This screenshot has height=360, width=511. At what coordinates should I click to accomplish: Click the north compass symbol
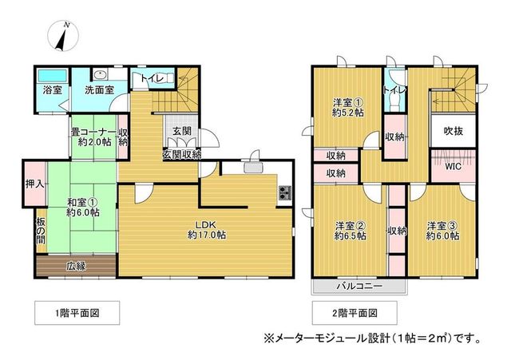[x=63, y=35]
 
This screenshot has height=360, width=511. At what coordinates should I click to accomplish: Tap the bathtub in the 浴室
[x=52, y=77]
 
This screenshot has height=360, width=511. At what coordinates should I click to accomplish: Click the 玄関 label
[x=182, y=131]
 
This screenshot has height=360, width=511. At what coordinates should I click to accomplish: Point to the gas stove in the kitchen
[x=285, y=192]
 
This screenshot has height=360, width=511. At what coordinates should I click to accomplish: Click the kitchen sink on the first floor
[x=253, y=168]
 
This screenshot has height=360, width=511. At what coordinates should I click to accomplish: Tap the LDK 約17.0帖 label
[x=206, y=230]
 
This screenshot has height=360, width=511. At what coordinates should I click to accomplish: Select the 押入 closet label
[x=35, y=184]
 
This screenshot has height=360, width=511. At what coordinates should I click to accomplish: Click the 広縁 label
[x=77, y=267]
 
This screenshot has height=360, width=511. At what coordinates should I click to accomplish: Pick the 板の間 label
[x=41, y=231]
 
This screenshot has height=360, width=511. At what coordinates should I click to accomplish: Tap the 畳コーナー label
[x=94, y=133]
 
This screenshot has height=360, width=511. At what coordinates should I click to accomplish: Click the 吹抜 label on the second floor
[x=454, y=131]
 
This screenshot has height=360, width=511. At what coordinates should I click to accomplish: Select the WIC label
[x=454, y=167]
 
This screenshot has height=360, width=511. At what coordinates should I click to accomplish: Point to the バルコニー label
[x=359, y=287]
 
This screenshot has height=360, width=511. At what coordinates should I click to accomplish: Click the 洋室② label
[x=350, y=225]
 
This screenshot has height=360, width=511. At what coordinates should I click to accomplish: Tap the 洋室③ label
[x=443, y=225]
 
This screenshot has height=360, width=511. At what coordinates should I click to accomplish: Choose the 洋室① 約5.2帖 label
[x=348, y=108]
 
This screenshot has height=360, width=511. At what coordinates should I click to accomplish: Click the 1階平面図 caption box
[x=77, y=313]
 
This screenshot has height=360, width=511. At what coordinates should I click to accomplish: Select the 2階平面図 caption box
[x=355, y=313]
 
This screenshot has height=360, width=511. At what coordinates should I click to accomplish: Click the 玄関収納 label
[x=182, y=154]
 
